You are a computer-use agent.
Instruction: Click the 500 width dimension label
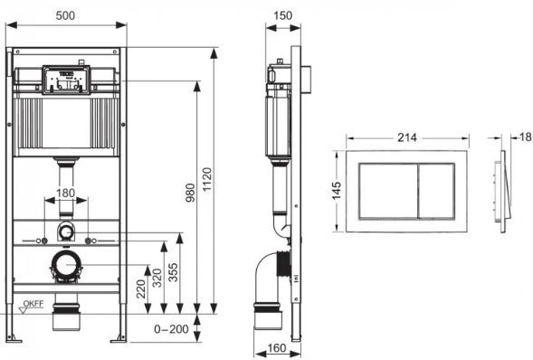click(65, 15)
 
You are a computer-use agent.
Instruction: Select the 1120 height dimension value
click(207, 179)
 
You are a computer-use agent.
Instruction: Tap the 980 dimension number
click(191, 193)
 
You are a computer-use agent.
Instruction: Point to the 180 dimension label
click(65, 193)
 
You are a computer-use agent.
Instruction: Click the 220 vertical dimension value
click(141, 289)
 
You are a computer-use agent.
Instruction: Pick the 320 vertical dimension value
click(157, 278)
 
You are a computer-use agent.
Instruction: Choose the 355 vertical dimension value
click(174, 272)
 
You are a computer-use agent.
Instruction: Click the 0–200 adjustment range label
click(171, 328)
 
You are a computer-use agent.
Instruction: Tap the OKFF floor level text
click(33, 304)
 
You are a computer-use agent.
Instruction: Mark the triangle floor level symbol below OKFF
click(24, 310)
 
